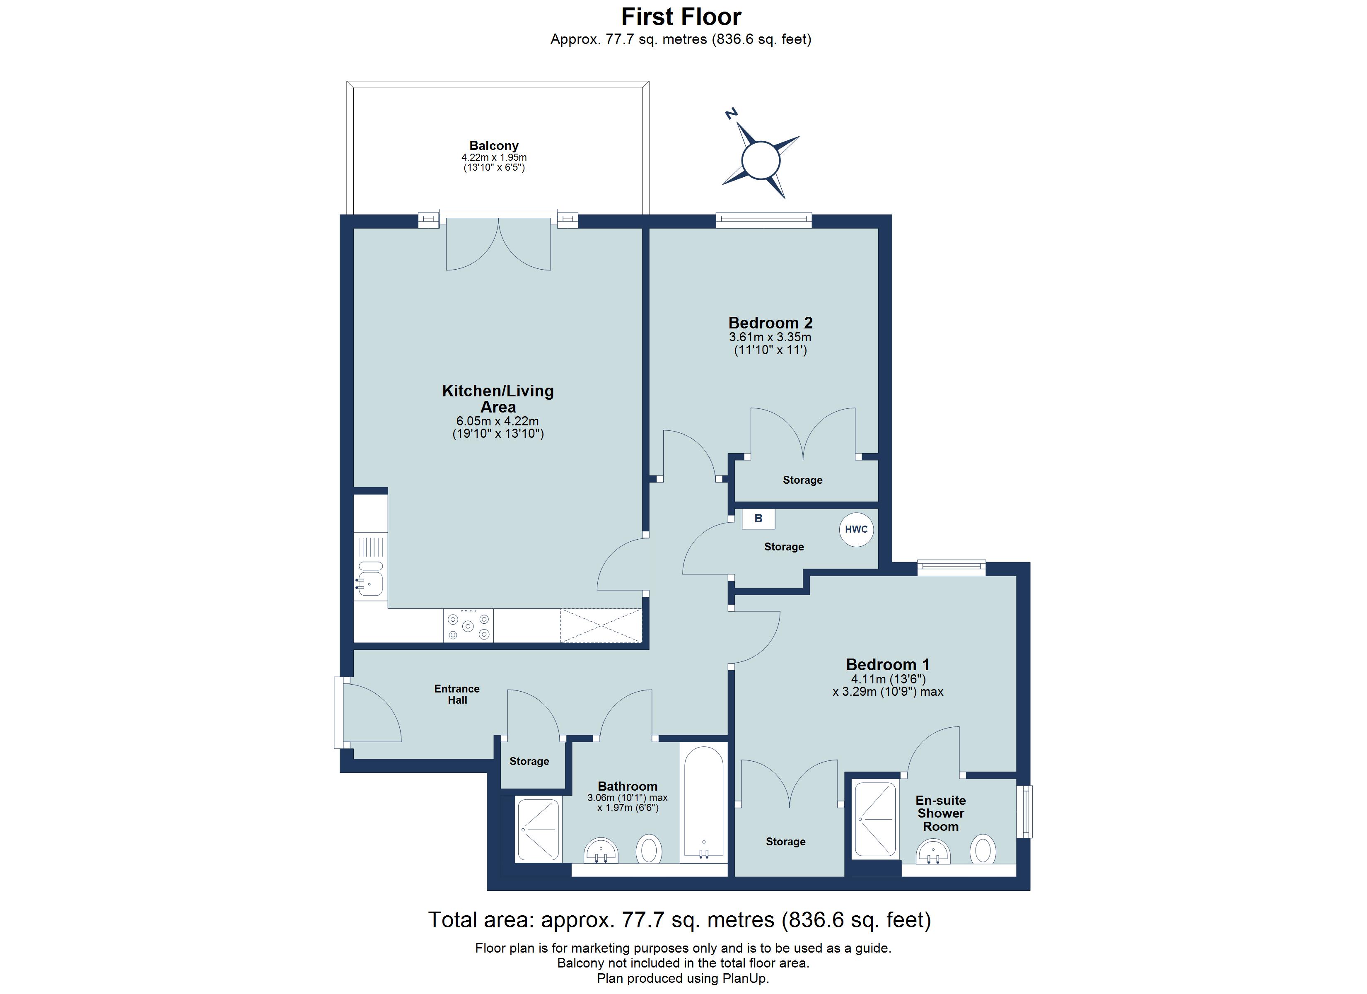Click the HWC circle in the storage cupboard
pyautogui.click(x=857, y=530)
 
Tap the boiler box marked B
pyautogui.click(x=758, y=519)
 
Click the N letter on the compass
pyautogui.click(x=731, y=113)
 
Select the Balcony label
pyautogui.click(x=494, y=146)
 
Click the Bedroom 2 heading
pyautogui.click(x=770, y=323)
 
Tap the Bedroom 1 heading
pyautogui.click(x=888, y=665)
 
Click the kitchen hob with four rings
pyautogui.click(x=469, y=626)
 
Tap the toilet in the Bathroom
pyautogui.click(x=649, y=850)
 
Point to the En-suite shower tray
pyautogui.click(x=874, y=819)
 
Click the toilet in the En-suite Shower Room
pyautogui.click(x=983, y=850)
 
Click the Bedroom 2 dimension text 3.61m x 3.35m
pyautogui.click(x=770, y=338)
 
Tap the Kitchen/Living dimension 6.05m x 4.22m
pyautogui.click(x=498, y=421)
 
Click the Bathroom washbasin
pyautogui.click(x=601, y=851)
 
